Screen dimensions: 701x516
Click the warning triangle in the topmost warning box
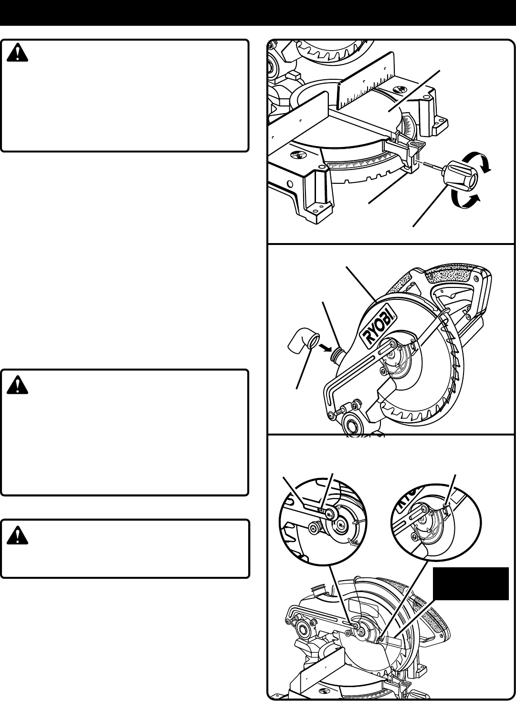(18, 54)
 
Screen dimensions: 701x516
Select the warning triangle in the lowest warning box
(18, 534)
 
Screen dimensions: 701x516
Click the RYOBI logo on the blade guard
(380, 326)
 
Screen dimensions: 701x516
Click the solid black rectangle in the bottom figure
(471, 583)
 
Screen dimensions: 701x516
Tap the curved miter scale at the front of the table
(363, 165)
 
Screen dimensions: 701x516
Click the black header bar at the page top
(258, 13)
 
